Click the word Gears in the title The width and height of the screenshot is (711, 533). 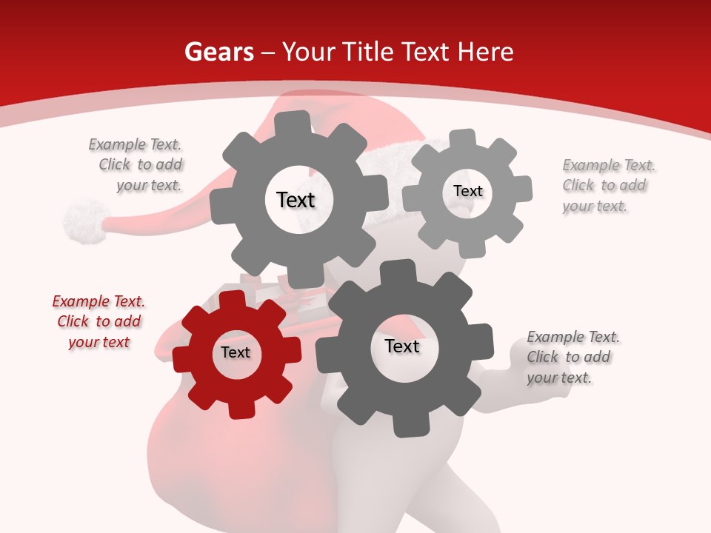pyautogui.click(x=219, y=52)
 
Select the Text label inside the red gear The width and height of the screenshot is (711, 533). pyautogui.click(x=236, y=353)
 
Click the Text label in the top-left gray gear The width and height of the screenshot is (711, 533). pyautogui.click(x=296, y=200)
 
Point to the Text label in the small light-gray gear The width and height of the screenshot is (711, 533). pyautogui.click(x=467, y=191)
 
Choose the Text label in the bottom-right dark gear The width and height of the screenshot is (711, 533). pyautogui.click(x=402, y=346)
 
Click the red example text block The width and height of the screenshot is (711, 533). pyautogui.click(x=99, y=322)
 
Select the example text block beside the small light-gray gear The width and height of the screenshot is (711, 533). pyautogui.click(x=608, y=186)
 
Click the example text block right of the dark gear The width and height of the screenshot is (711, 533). pyautogui.click(x=573, y=358)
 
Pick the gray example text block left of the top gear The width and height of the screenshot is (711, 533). pyautogui.click(x=136, y=165)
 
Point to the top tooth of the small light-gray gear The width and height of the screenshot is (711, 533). pyautogui.click(x=463, y=138)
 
